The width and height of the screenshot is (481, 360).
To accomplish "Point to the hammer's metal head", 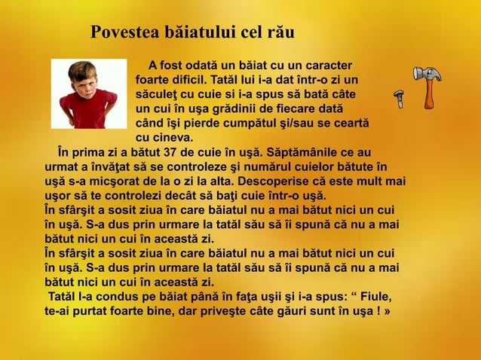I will click(x=426, y=74).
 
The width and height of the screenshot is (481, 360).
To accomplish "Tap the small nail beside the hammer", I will click(x=399, y=98).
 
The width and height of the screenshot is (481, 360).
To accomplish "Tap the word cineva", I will click(x=174, y=138).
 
